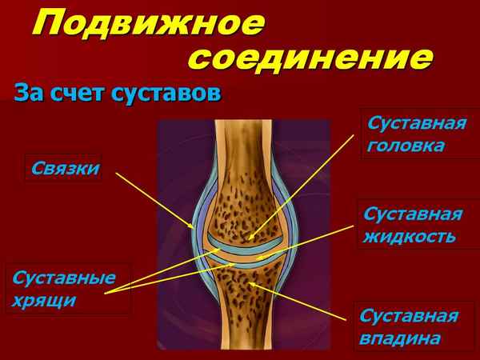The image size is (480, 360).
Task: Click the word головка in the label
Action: (x=406, y=147)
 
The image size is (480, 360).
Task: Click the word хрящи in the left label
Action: (x=44, y=301)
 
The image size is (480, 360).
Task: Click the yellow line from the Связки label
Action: (x=152, y=200)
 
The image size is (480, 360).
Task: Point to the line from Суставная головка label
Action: (x=304, y=184)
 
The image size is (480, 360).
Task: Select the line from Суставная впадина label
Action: (x=304, y=302)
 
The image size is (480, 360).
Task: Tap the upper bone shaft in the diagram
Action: (x=243, y=152)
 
